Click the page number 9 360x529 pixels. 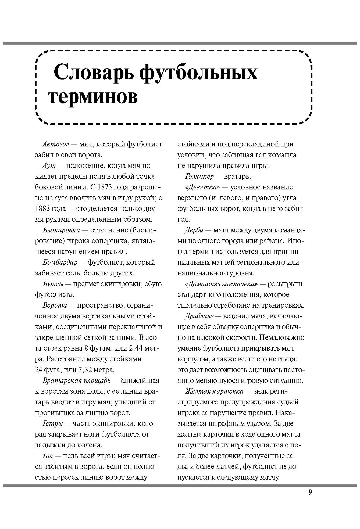(x=310, y=492)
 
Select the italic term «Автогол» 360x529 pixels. (x=56, y=144)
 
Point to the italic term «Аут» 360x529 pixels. (x=49, y=166)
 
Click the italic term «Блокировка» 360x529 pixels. (x=61, y=230)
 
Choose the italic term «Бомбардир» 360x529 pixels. (x=60, y=262)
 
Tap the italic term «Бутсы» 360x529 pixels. (x=53, y=284)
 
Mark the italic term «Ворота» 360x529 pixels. (x=55, y=305)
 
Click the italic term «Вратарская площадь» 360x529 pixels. (x=76, y=381)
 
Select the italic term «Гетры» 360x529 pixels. (x=53, y=424)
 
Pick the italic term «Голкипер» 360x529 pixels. (x=199, y=177)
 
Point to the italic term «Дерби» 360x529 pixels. (x=194, y=230)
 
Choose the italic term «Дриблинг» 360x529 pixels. (x=199, y=316)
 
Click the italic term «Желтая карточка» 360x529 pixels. (x=214, y=391)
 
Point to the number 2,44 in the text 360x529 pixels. (x=136, y=348)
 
